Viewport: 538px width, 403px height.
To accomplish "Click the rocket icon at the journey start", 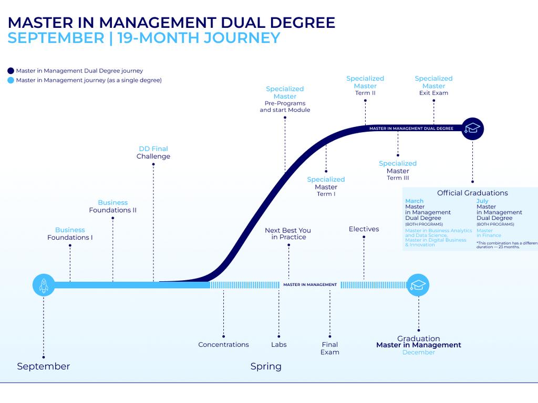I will (x=44, y=285).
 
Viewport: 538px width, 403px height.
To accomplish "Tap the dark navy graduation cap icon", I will (x=472, y=128).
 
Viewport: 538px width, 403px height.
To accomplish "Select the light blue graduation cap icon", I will (x=418, y=285).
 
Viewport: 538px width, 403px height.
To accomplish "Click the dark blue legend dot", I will (x=11, y=71).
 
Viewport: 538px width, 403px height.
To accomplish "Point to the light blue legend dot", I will (x=11, y=80).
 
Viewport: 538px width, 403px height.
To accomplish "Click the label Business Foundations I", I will (x=70, y=234).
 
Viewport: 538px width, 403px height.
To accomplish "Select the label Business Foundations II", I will (x=113, y=206).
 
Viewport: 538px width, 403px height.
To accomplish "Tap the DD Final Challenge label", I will (x=153, y=153).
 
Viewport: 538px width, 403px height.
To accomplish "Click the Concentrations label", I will (x=223, y=345).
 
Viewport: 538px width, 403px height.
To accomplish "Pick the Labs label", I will (x=279, y=345).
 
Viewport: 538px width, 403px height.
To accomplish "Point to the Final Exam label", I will (x=330, y=348).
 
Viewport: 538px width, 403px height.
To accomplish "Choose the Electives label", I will (x=364, y=229).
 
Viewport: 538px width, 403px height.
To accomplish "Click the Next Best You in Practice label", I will (x=288, y=234).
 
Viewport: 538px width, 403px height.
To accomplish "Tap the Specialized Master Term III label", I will (x=398, y=171).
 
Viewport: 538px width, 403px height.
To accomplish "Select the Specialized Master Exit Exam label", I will (x=433, y=86).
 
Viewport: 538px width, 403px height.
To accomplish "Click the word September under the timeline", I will (x=43, y=366).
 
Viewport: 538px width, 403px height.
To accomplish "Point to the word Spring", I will (x=266, y=366).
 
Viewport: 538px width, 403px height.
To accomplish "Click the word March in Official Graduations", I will (x=414, y=201).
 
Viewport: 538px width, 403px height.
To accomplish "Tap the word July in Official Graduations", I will (x=482, y=201).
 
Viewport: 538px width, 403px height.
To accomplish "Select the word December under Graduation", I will (x=419, y=352).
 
